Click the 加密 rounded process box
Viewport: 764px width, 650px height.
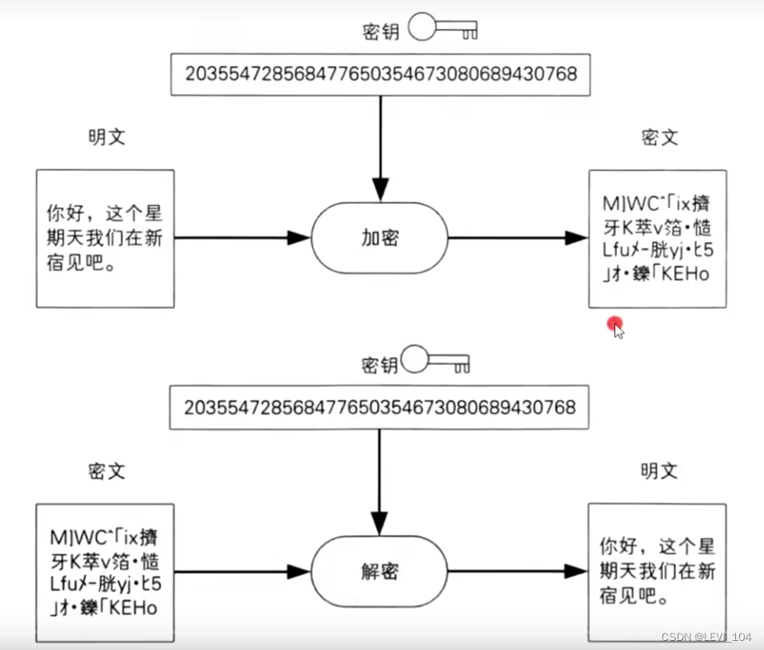coord(380,239)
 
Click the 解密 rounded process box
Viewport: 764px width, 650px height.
coord(380,571)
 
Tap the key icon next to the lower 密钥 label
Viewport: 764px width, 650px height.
coord(437,362)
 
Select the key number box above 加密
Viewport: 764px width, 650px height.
coord(380,74)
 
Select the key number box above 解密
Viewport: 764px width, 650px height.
coord(380,407)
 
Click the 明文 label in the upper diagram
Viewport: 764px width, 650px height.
coord(107,137)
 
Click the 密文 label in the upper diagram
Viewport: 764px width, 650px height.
coord(659,137)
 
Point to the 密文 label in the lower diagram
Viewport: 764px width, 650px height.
coord(107,472)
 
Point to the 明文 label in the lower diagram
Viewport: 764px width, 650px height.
coord(659,472)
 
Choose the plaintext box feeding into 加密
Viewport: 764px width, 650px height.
coord(105,239)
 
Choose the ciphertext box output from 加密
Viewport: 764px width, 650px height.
coord(657,239)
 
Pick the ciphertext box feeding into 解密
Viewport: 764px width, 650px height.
coord(105,572)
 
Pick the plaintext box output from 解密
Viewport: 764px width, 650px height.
coord(657,571)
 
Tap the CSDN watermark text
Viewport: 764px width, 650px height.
coord(706,637)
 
